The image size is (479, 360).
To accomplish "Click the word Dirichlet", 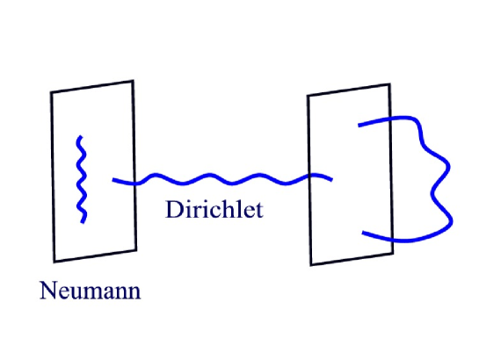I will tap(214, 210).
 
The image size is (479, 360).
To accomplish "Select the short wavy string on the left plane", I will tap(81, 179).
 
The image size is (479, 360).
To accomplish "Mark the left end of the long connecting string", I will tap(114, 180).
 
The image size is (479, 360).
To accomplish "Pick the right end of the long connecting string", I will tap(332, 180).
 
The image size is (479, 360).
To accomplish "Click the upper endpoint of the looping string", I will tap(359, 125).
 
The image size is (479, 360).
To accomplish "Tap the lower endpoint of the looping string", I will tap(363, 232).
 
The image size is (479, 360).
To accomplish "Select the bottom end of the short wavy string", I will tap(83, 221).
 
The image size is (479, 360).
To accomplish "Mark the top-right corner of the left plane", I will tap(132, 81).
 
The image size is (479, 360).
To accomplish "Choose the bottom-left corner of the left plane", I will tap(55, 261).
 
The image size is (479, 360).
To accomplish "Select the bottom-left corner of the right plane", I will tap(311, 263).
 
